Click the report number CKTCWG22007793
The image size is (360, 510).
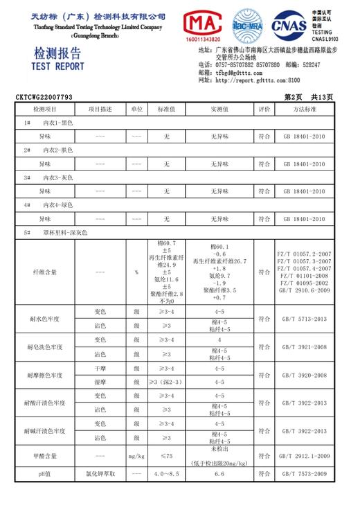(x=44, y=98)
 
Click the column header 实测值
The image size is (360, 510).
(x=219, y=109)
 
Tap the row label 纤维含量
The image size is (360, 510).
(x=45, y=272)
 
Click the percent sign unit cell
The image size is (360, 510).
(x=136, y=272)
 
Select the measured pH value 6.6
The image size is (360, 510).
(x=219, y=475)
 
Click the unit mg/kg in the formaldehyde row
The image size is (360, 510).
(x=136, y=455)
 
